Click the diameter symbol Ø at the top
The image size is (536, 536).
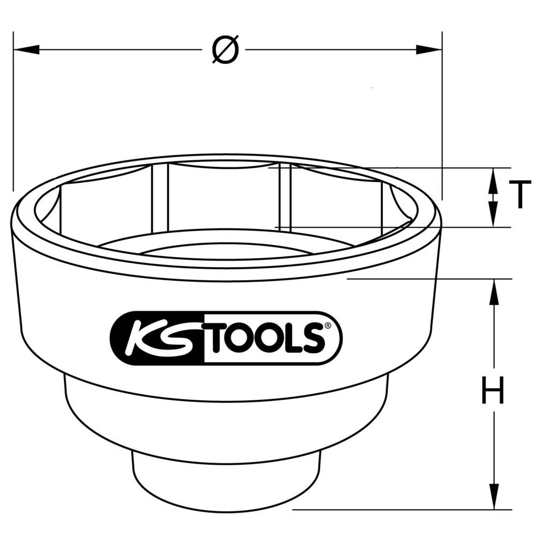point(225,50)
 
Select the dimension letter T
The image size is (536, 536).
point(519,195)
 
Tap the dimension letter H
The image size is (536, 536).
point(492,391)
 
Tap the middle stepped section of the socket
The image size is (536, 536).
point(225,418)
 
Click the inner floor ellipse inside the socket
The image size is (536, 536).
point(225,252)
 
